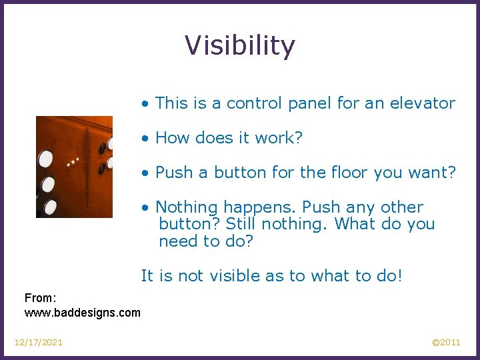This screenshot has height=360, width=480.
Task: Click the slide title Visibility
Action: coord(239,46)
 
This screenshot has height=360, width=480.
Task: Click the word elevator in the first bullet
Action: coord(423,103)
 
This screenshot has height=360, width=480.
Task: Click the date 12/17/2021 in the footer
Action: coord(39,343)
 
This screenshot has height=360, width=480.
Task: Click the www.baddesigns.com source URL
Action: coord(83,312)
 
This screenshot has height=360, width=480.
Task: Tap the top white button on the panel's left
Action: coord(45,159)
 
